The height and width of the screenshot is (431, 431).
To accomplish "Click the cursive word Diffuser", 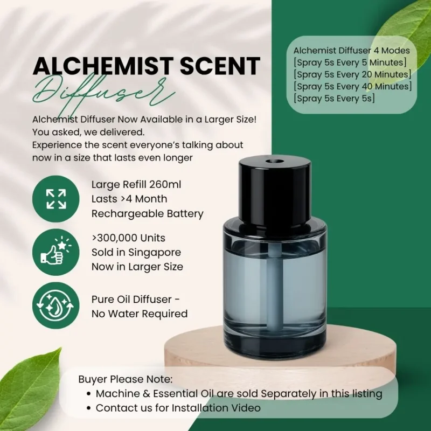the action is (x=103, y=93).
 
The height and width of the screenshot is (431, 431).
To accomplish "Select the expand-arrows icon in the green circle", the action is (x=56, y=199).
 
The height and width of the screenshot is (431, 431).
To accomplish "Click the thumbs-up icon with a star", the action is (x=56, y=251).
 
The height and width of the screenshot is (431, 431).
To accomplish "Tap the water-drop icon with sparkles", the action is (x=56, y=305).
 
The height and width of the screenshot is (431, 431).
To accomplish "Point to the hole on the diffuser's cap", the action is (x=275, y=161).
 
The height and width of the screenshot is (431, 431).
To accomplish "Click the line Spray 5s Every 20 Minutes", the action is (x=352, y=74).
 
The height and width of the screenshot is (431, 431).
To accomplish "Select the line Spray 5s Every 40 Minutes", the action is (x=353, y=86).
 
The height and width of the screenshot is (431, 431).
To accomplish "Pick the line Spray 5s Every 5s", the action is (x=334, y=99).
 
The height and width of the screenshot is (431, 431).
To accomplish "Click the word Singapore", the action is (x=155, y=253).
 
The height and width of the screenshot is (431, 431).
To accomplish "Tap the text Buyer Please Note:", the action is (x=126, y=379).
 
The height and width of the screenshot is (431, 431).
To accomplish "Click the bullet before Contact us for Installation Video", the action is (x=88, y=408).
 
